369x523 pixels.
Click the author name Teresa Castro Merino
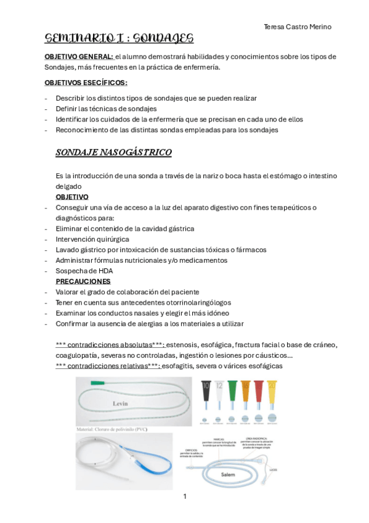point(297,27)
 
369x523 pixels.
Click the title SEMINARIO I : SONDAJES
point(119,39)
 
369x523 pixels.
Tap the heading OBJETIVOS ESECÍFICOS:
point(86,83)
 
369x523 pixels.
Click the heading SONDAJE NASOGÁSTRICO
point(113,152)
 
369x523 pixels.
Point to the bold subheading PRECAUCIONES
point(83,281)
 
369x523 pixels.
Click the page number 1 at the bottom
point(184,496)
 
